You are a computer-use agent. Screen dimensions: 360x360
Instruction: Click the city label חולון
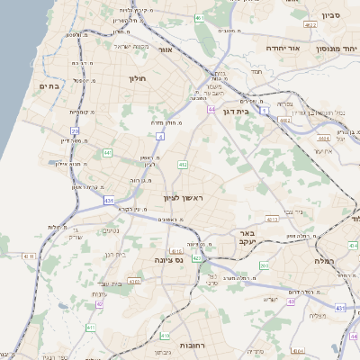coord(137,79)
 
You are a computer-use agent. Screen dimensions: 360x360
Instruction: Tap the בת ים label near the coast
coord(48,85)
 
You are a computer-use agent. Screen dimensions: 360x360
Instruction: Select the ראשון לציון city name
coord(184,197)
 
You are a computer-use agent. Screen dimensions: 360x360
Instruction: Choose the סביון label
coord(328,15)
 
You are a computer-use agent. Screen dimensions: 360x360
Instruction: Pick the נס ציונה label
coord(169,261)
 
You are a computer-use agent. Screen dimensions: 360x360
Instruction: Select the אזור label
coord(164,50)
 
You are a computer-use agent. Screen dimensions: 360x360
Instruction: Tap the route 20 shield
coord(76,131)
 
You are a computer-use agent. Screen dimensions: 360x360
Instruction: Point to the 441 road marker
coord(107,154)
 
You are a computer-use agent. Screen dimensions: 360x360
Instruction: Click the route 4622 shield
coord(310,26)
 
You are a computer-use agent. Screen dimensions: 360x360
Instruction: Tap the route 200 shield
coord(264,265)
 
